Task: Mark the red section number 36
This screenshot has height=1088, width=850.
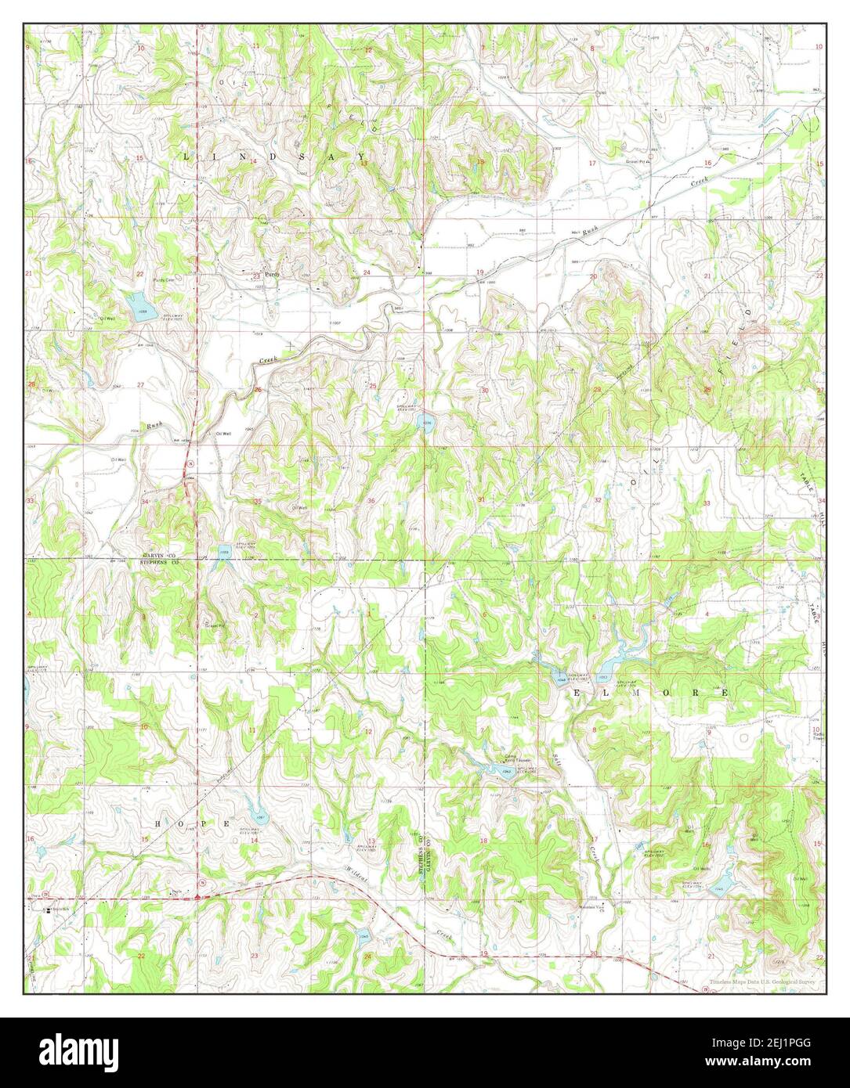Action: (371, 501)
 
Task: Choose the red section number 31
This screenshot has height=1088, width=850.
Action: (481, 499)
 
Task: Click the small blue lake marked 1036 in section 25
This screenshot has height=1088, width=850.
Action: (427, 423)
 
